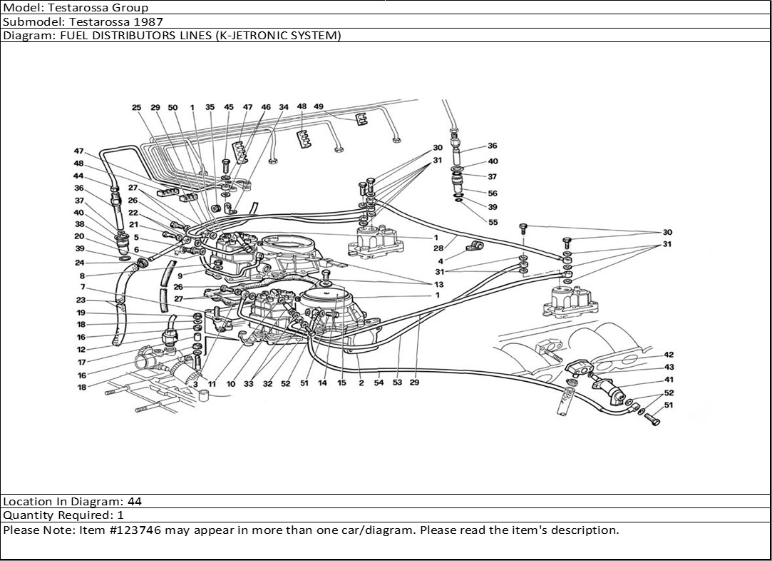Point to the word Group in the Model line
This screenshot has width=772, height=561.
point(130,8)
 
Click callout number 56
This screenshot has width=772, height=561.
point(493,193)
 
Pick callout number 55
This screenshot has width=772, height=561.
point(493,222)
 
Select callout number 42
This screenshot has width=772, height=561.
point(668,355)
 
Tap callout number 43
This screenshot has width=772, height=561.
point(668,367)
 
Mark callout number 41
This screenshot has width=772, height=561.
point(668,380)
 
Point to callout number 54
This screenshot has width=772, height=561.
point(379,383)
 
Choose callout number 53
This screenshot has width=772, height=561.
point(397,383)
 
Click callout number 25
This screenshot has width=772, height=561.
point(136,108)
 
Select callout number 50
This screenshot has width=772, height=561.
point(173,108)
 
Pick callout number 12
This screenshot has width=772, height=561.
point(81,350)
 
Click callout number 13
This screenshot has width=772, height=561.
point(437,284)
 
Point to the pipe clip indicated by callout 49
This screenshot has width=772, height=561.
point(361,118)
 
